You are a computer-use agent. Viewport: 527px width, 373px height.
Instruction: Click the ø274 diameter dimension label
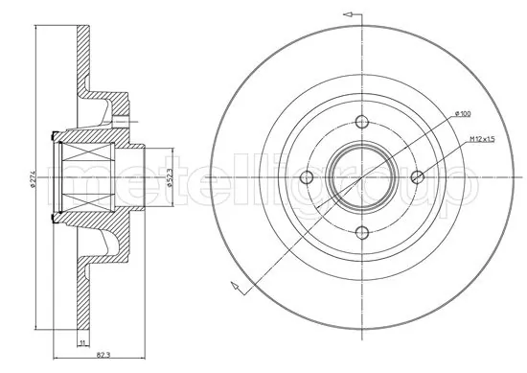[33, 178]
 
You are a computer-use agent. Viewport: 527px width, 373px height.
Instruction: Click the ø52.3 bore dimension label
[170, 179]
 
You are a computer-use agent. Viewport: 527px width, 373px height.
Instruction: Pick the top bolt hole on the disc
[362, 122]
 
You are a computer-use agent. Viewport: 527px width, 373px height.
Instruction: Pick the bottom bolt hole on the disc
[362, 231]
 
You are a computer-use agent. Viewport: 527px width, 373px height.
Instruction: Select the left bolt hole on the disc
[308, 176]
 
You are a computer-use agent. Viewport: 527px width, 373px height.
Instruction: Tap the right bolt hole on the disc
[417, 176]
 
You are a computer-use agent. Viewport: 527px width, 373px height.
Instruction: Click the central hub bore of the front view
[362, 176]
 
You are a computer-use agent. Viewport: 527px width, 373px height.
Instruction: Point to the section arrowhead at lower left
[234, 284]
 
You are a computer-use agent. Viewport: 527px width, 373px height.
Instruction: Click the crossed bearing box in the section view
[89, 177]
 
